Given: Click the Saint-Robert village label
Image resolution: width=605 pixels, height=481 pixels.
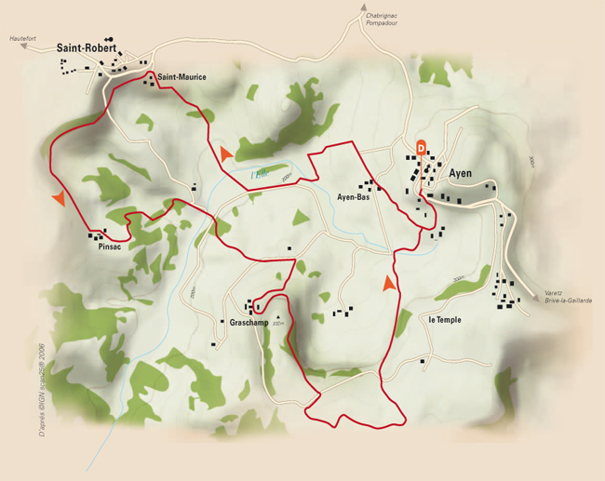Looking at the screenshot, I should (87, 48).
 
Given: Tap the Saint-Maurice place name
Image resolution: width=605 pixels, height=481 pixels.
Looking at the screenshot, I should (181, 77).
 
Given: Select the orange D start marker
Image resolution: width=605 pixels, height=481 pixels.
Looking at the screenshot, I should (421, 146).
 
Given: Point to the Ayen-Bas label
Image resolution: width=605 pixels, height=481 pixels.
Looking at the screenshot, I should (354, 196).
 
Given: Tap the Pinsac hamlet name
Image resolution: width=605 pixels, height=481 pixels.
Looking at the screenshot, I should (109, 247).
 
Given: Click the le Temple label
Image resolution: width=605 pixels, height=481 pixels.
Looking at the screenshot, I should (445, 319).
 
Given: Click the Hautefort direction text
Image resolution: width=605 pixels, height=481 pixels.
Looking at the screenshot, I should (23, 39).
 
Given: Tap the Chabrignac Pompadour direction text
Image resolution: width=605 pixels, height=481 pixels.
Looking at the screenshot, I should (381, 20).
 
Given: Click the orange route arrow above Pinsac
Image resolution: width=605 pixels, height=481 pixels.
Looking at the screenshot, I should (59, 198).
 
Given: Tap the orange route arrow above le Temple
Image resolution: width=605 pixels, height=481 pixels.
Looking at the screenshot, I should (389, 283).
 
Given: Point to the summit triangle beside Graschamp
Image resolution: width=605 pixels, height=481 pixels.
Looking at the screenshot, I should (277, 317).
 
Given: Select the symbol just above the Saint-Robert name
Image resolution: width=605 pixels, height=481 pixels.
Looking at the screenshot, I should (110, 39).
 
